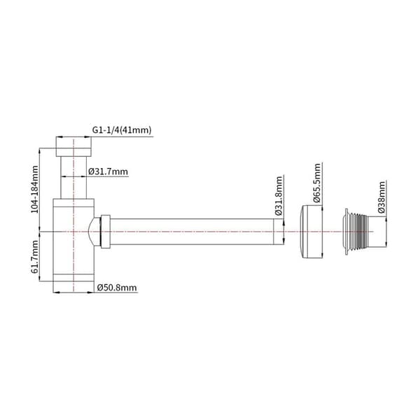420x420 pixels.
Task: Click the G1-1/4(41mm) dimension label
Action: point(122,130)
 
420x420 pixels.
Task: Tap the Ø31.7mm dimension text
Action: point(108,171)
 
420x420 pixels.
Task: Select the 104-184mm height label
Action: point(35,190)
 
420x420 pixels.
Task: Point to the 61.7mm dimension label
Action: point(35,257)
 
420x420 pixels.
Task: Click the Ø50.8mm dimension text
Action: point(117,288)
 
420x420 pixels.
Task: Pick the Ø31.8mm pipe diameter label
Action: point(279,196)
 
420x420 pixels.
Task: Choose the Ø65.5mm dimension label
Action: point(317,183)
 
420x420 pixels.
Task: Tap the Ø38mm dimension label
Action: point(381,197)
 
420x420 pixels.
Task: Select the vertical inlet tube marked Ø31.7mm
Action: point(73,178)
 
